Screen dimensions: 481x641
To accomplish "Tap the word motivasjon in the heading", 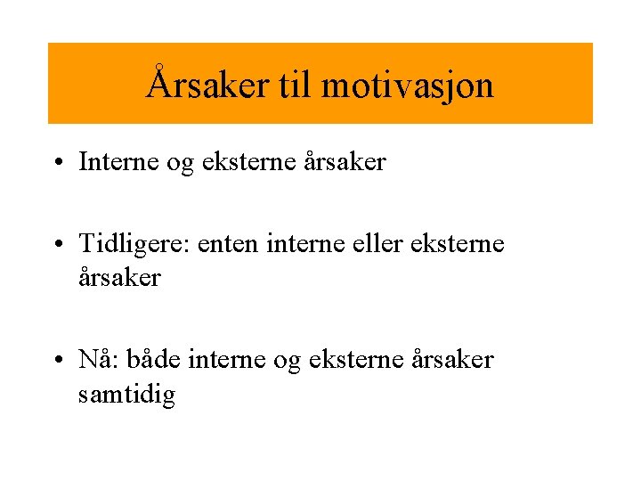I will pos(407,86).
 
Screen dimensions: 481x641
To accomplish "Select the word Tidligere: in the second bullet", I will pos(136,244).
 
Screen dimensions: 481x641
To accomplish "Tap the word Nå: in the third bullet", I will pos(99,360).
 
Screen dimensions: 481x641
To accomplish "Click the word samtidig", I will pos(126,394).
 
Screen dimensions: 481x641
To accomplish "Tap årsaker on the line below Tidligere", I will pos(119,278).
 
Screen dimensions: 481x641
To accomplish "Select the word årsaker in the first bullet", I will pos(345,162).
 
